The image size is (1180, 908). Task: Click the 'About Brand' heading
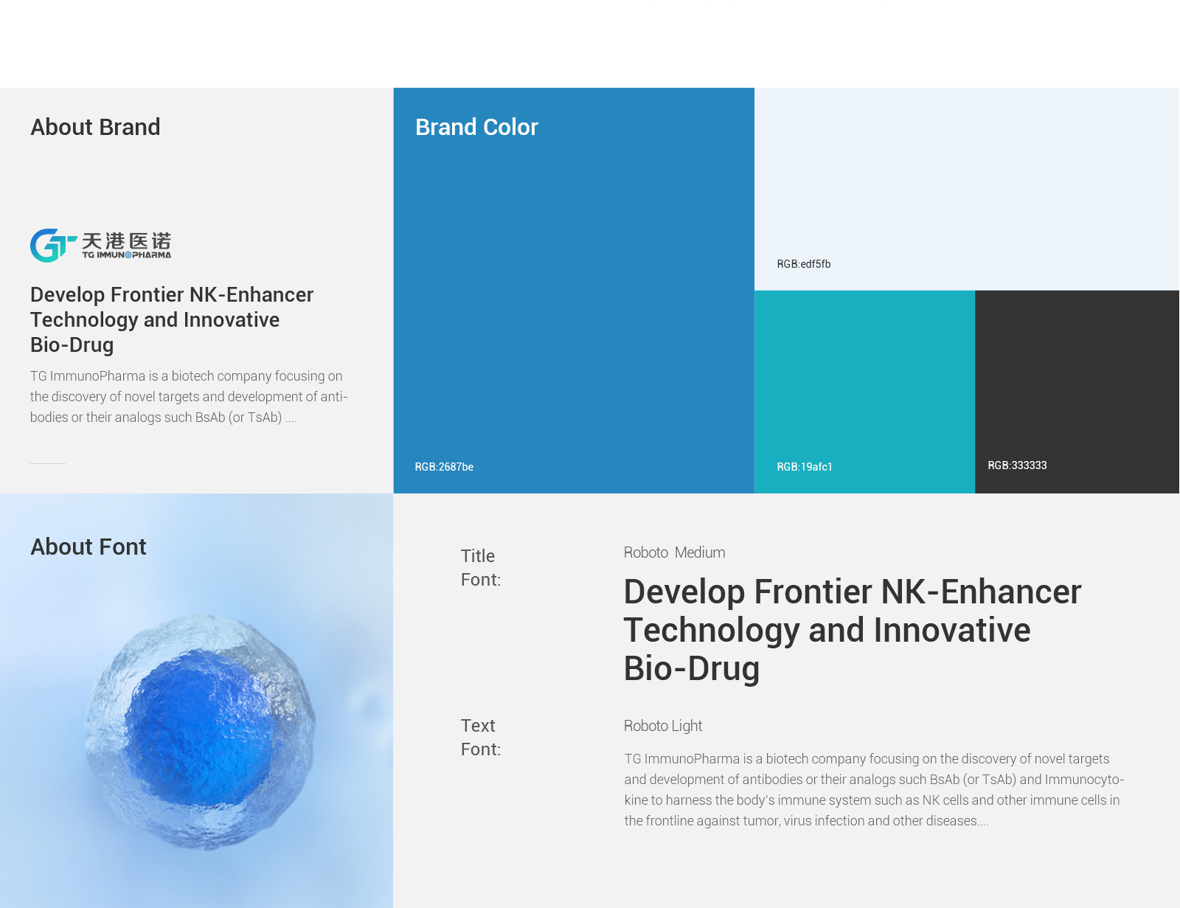[x=95, y=127]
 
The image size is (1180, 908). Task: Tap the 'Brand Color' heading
[x=476, y=127]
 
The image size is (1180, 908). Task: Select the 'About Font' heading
[x=88, y=547]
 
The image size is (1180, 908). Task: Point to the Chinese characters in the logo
[x=127, y=240]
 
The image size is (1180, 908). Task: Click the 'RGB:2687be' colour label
[x=444, y=466]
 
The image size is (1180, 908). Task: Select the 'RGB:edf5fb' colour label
[x=804, y=264]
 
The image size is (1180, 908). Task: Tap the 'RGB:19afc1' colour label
[x=804, y=466]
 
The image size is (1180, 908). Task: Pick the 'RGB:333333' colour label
[x=1017, y=465]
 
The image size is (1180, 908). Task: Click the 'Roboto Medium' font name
[x=674, y=552]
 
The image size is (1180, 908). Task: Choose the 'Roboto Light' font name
[x=663, y=726]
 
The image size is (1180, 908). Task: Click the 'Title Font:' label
[x=481, y=567]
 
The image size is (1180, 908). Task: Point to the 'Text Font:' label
[x=481, y=737]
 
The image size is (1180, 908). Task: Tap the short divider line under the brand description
[x=48, y=463]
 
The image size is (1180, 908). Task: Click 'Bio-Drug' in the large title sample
[x=691, y=668]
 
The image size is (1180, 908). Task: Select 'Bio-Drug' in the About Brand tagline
[x=72, y=345]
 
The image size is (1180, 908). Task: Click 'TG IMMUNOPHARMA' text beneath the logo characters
[x=127, y=254]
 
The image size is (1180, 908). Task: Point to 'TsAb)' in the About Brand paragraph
[x=265, y=417]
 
